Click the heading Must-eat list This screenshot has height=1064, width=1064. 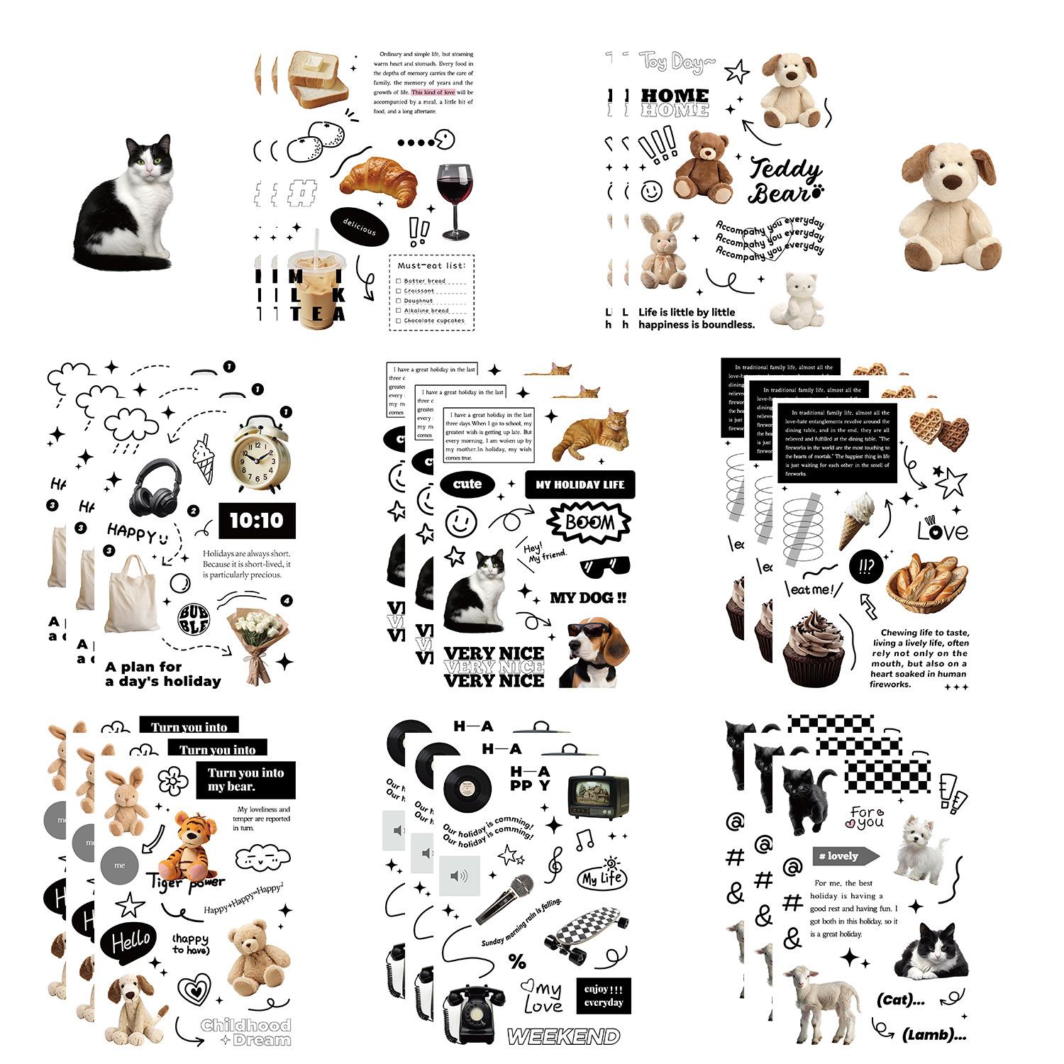[x=431, y=265]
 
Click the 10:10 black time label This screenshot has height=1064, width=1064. [x=256, y=521]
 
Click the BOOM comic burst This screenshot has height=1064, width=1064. [x=589, y=523]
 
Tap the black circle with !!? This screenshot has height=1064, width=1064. [x=865, y=565]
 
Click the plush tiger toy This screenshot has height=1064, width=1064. [x=187, y=846]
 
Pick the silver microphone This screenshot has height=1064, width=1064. [x=505, y=897]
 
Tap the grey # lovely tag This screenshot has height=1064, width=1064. [x=845, y=856]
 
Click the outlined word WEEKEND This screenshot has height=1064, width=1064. [x=563, y=1036]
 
